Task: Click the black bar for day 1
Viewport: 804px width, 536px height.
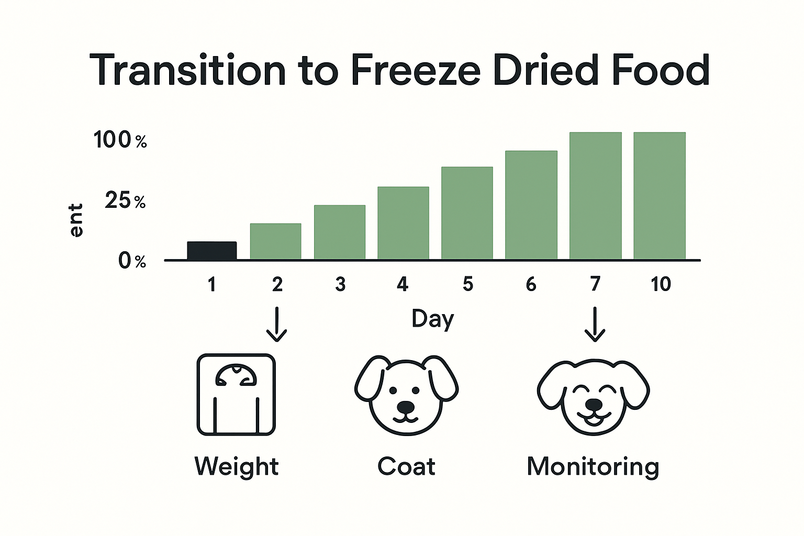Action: pos(212,251)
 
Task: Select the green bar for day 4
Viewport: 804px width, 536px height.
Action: pos(403,223)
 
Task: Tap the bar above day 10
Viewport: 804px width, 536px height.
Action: pos(660,196)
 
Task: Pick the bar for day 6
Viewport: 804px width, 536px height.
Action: pos(531,205)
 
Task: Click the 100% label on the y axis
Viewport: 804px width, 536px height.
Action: pos(120,140)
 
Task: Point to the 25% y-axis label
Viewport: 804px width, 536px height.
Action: pos(125,200)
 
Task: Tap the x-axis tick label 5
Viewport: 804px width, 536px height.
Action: pos(468,284)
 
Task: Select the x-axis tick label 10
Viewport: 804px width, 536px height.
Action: pos(661,284)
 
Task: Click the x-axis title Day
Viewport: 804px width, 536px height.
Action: pos(432,319)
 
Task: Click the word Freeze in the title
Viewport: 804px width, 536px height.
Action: pos(415,71)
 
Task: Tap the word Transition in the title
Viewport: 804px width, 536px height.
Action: pos(187,71)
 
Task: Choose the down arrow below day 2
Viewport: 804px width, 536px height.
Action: pos(276,325)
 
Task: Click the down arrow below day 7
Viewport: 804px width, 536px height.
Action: pos(595,325)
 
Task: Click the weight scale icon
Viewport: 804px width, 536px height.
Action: pos(236,395)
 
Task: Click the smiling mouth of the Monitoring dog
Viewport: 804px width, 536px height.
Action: pos(594,419)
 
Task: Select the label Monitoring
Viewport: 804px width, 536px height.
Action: pos(593,467)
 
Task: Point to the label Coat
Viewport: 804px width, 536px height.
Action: pos(406,467)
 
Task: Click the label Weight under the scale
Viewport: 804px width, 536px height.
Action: pos(237,467)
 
